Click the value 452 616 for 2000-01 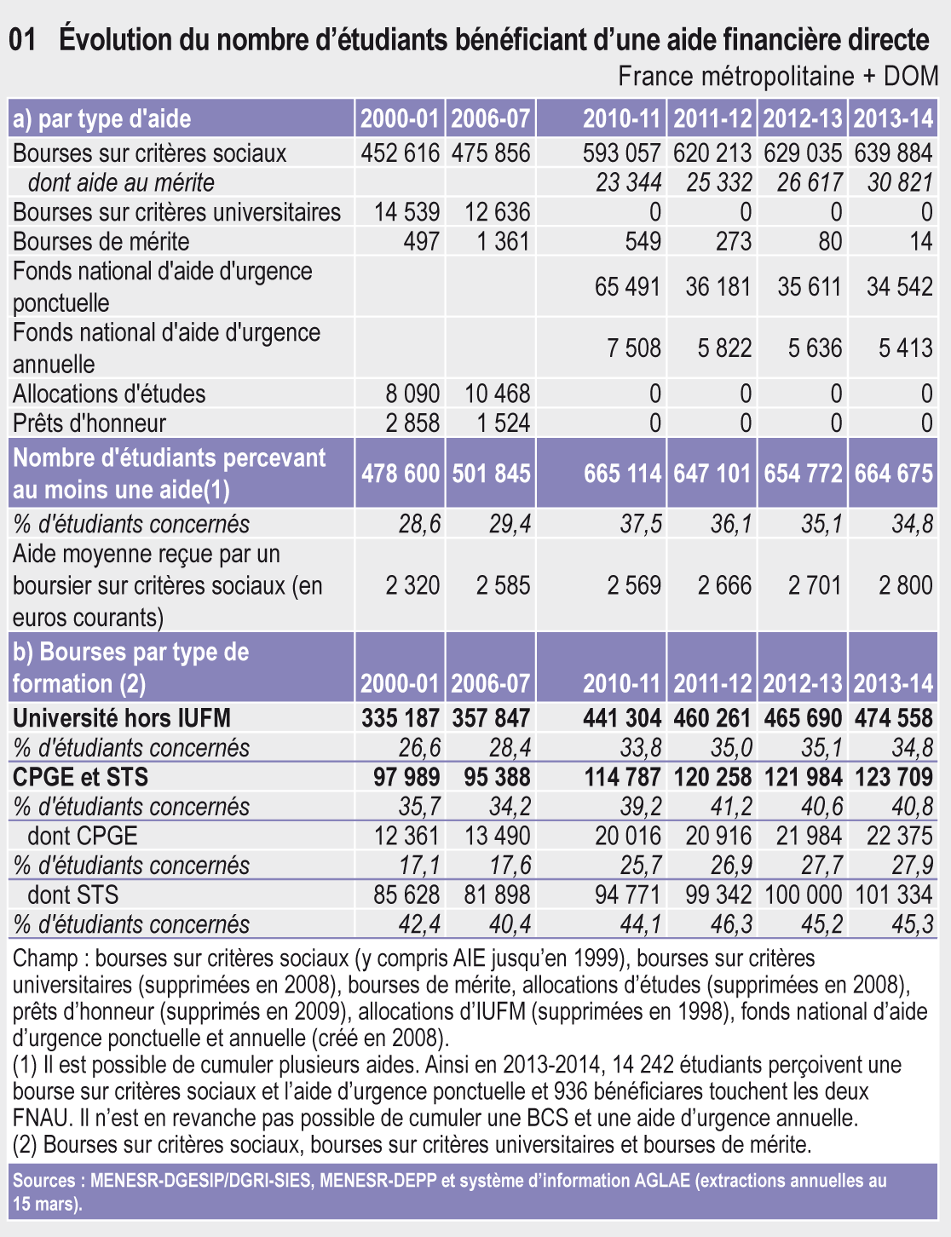(400, 153)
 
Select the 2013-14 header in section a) (893, 119)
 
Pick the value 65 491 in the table (627, 286)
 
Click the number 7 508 (633, 348)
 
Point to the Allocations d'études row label (109, 394)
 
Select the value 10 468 (497, 394)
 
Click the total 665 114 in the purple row (622, 474)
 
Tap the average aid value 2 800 (906, 585)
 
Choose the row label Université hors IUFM (122, 718)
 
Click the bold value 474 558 (894, 718)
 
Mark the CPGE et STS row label (80, 777)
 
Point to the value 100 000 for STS (803, 895)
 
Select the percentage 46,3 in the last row (731, 924)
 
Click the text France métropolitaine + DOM (777, 77)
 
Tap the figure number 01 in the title (23, 39)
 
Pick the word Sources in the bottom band (43, 1181)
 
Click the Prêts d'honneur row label (89, 423)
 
